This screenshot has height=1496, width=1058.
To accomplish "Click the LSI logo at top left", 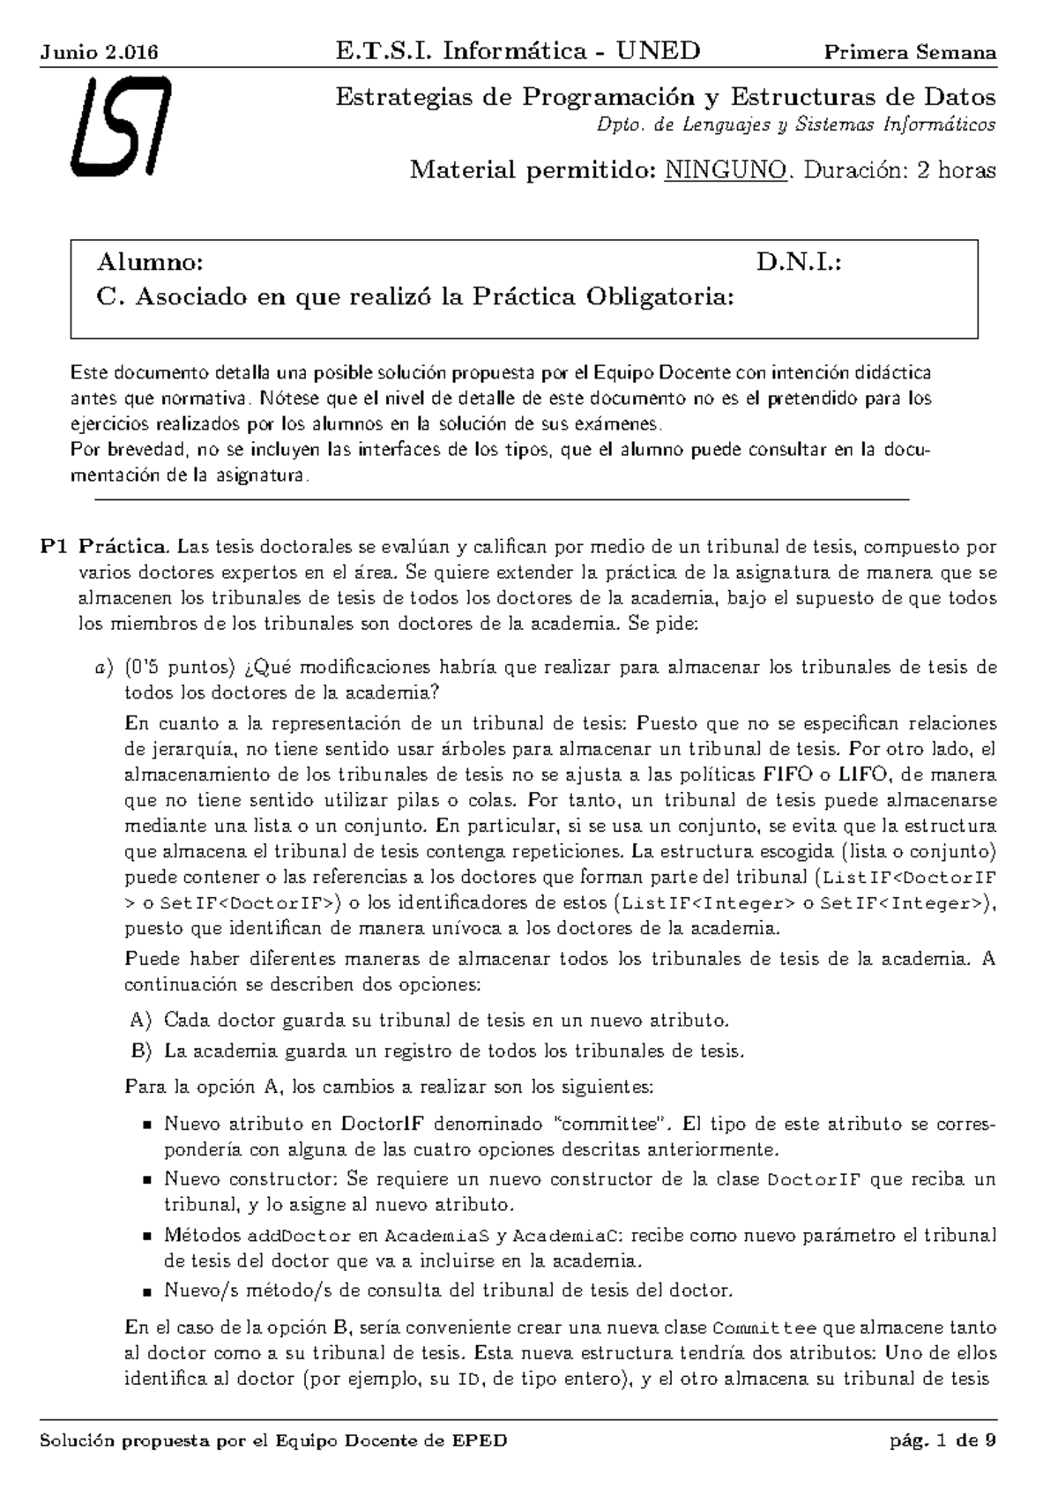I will coord(120,126).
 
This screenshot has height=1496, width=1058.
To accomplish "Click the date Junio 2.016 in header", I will coord(99,52).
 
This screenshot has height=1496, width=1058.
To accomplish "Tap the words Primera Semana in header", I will coord(910,52).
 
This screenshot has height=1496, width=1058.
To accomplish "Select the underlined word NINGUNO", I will coord(726,170).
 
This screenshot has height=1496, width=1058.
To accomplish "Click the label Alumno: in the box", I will coord(150,263).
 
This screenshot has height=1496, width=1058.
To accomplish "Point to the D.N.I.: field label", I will coord(799,263).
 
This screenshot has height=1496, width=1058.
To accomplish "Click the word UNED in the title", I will coord(658,51).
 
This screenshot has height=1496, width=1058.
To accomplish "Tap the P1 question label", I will coord(54,547).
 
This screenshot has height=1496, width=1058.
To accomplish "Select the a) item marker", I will coord(105,667).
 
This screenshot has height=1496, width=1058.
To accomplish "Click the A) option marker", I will coord(141,1021).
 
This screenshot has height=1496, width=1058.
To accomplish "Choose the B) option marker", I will coord(141,1051).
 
